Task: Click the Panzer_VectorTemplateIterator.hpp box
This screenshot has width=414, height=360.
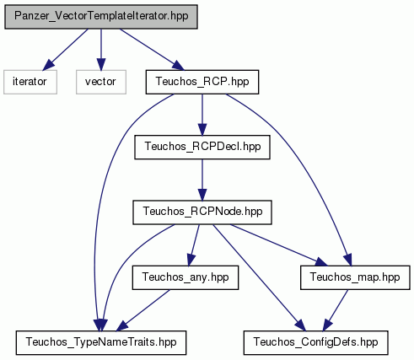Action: tap(101, 17)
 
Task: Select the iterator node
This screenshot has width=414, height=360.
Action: tap(30, 82)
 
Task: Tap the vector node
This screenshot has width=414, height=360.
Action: tap(101, 82)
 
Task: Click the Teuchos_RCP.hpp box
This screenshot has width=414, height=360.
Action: tap(202, 82)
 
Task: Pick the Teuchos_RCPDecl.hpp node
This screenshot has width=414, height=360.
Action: tap(202, 147)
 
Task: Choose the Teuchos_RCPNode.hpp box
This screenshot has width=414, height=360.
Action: tap(202, 212)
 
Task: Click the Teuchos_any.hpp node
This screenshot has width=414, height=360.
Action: tap(185, 277)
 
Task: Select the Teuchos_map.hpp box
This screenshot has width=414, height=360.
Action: tap(355, 277)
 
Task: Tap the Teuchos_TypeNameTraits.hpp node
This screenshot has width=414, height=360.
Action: tap(101, 342)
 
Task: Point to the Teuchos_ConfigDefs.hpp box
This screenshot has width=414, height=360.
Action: tap(316, 342)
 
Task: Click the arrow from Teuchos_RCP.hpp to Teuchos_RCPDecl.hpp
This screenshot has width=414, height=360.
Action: tap(202, 115)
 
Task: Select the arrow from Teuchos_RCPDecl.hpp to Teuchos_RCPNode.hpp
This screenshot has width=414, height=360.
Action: tap(202, 180)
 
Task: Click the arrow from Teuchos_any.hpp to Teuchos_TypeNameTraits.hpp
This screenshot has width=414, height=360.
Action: tap(143, 310)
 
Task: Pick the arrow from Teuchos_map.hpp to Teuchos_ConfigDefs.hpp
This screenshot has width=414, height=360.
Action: tap(336, 310)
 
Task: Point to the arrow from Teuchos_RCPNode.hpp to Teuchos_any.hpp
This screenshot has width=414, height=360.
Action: tap(195, 245)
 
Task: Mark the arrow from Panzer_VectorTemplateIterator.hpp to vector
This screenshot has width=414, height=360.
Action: tap(101, 50)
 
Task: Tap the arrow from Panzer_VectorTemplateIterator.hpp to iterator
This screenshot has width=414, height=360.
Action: tap(65, 50)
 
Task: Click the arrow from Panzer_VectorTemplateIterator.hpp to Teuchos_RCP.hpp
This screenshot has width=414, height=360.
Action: tap(152, 50)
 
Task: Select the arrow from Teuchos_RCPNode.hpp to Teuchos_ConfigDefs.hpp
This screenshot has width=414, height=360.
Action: tap(259, 277)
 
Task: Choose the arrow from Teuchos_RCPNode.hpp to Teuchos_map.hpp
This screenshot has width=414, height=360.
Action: tap(279, 244)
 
